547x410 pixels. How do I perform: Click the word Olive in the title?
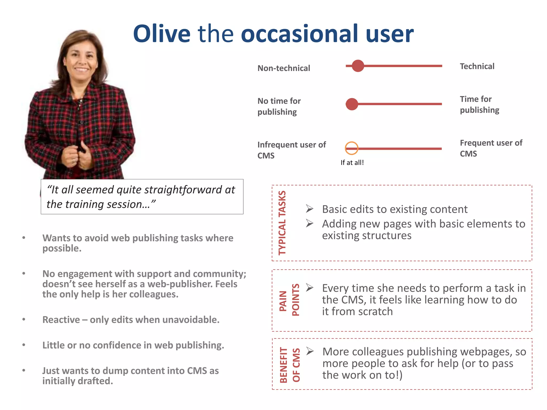pos(162,34)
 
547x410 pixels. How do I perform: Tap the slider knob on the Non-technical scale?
pos(358,66)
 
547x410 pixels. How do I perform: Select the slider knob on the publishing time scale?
pos(352,104)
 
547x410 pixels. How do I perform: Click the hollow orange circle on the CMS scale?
pos(351,148)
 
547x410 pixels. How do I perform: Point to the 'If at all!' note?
pos(352,163)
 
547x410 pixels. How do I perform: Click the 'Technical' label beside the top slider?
pos(477,66)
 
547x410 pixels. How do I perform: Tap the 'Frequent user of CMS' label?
pos(491,148)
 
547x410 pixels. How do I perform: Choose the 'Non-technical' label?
pos(284,68)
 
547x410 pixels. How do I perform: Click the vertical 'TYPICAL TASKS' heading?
pos(282,223)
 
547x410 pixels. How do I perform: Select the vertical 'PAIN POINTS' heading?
pos(289,300)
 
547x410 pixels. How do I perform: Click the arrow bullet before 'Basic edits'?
pos(310,209)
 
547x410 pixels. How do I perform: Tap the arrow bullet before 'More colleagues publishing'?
pos(310,351)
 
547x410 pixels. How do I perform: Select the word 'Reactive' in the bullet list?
pos(61,320)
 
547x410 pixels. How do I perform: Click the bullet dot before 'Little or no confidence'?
pos(24,345)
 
